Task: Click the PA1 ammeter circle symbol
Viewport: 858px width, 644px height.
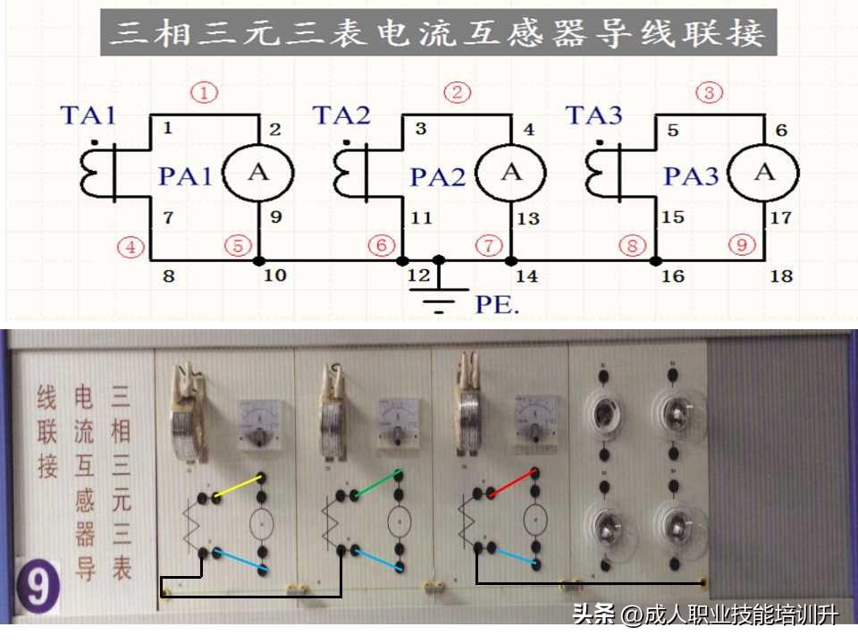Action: coord(258,174)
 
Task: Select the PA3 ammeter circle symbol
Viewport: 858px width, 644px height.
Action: coord(763,174)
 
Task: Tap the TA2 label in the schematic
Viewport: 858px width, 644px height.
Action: coord(341,114)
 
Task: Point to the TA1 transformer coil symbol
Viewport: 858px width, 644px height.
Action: coord(97,172)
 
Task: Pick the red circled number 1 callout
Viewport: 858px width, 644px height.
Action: coord(206,92)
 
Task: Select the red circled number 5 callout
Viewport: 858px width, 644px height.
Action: coord(237,246)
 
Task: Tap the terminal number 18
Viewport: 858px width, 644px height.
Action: coord(781,275)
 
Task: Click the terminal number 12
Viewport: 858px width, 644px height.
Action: coord(418,275)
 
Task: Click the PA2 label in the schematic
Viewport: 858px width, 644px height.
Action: coord(438,177)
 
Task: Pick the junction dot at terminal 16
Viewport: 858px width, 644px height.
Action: coord(655,260)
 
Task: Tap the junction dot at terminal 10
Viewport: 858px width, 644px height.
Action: coord(258,260)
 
